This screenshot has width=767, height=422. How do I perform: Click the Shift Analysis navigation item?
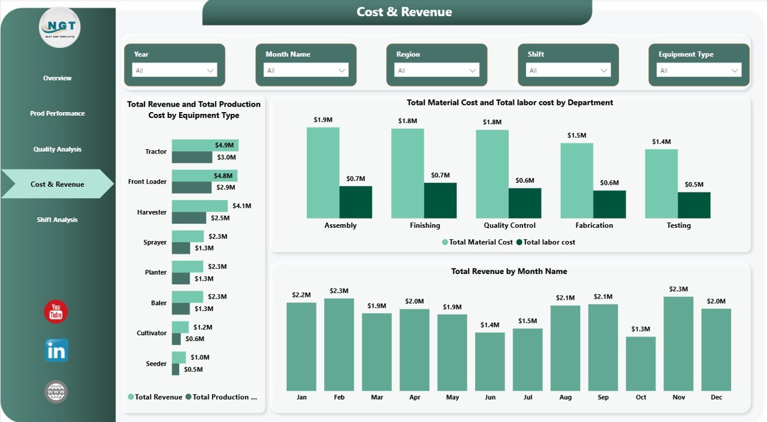pyautogui.click(x=57, y=220)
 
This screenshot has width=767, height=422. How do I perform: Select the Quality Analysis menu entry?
pyautogui.click(x=57, y=149)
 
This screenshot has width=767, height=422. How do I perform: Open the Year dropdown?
pyautogui.click(x=174, y=71)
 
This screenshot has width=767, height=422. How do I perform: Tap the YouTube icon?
pyautogui.click(x=56, y=312)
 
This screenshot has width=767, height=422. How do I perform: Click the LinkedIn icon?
pyautogui.click(x=56, y=351)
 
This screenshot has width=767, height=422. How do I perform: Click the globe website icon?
pyautogui.click(x=56, y=392)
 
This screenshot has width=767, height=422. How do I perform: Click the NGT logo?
pyautogui.click(x=59, y=27)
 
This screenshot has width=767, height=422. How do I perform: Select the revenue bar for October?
pyautogui.click(x=641, y=363)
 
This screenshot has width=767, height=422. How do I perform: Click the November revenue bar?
pyautogui.click(x=678, y=343)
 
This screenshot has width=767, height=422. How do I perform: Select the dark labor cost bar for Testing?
pyautogui.click(x=694, y=205)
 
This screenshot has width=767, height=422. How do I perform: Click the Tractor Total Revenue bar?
pyautogui.click(x=205, y=146)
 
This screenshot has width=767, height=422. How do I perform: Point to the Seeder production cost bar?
pyautogui.click(x=176, y=370)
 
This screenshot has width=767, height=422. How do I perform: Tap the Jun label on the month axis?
pyautogui.click(x=490, y=397)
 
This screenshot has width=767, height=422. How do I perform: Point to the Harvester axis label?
pyautogui.click(x=151, y=212)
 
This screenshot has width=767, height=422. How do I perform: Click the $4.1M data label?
pyautogui.click(x=241, y=206)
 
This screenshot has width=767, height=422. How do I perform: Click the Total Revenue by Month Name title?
pyautogui.click(x=509, y=272)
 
